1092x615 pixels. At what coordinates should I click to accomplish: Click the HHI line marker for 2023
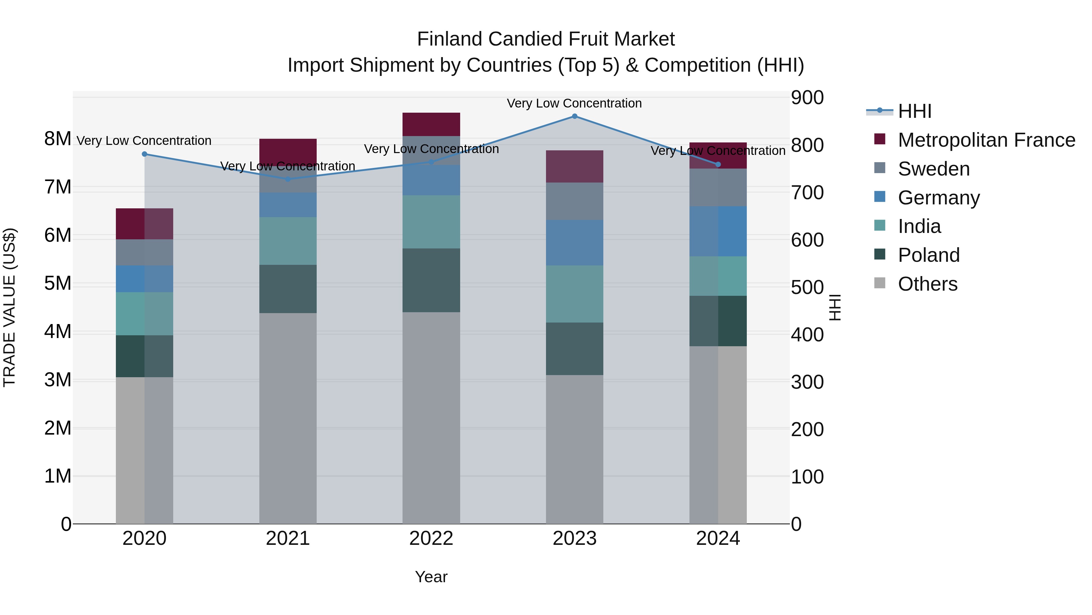coord(575,116)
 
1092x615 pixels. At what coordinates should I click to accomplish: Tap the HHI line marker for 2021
coord(288,179)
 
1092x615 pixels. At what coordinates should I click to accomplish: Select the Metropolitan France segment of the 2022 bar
coord(431,124)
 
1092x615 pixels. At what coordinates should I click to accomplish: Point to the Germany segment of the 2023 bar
coord(575,242)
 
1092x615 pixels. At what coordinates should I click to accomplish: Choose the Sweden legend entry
coord(933,169)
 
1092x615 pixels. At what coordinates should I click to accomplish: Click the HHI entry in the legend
coord(914,111)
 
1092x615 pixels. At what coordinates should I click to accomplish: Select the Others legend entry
coord(927,284)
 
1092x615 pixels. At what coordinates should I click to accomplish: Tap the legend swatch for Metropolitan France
coord(880,139)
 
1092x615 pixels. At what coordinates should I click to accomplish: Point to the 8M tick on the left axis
coord(58,139)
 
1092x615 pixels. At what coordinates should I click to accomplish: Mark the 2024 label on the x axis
coord(718,538)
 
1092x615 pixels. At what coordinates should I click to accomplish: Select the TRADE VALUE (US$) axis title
coord(9,307)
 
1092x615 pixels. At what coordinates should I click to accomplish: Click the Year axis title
coord(431,577)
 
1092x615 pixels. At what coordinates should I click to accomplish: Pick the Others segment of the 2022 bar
coord(431,418)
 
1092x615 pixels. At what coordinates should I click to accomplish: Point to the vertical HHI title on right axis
coord(834,307)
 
